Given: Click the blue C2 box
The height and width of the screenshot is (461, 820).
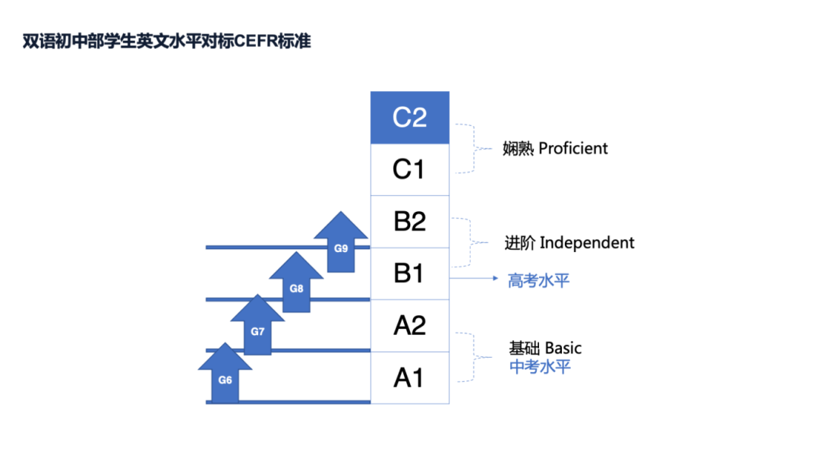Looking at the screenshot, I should (409, 118).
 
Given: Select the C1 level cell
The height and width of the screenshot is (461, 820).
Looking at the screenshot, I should (409, 169).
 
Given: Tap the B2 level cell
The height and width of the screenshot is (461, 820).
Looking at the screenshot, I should (409, 221).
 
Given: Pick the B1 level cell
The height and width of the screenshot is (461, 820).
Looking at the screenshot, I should (409, 273).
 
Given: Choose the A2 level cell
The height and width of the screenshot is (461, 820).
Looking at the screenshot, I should (409, 325).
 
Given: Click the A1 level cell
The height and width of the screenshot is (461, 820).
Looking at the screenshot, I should (409, 377).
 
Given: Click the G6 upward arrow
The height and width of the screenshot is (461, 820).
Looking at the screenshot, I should (225, 375).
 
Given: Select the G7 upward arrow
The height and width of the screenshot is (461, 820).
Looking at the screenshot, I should (258, 327).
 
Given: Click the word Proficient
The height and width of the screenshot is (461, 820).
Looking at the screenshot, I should (573, 148).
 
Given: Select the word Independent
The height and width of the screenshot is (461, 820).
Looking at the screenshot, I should (587, 243).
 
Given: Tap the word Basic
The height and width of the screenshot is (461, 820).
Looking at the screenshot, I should (563, 349).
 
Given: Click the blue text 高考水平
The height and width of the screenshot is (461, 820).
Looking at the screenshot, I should (538, 281).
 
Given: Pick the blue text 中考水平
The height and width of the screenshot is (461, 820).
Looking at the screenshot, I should (540, 368).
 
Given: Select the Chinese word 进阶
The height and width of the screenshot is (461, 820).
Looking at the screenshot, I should (520, 243).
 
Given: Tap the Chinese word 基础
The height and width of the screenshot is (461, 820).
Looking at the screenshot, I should (525, 349).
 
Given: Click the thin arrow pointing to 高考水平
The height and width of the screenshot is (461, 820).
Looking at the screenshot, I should (475, 279).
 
